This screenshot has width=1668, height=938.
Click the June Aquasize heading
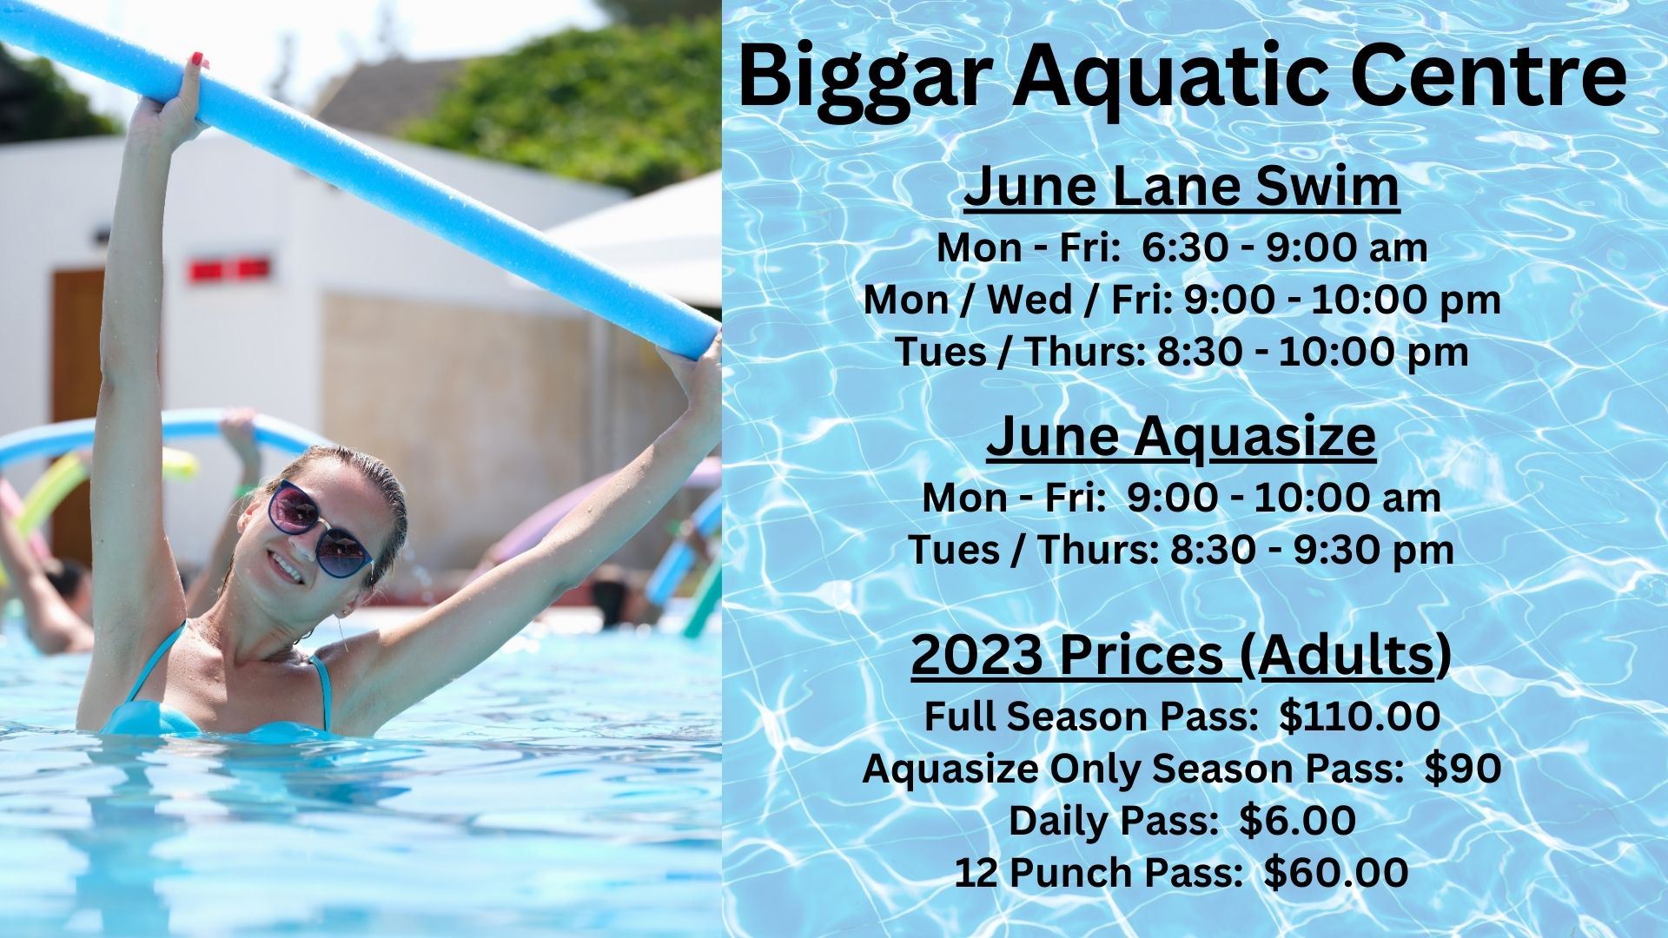point(1181,437)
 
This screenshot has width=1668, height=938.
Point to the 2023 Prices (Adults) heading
point(1181,656)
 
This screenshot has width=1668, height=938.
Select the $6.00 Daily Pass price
point(1297,821)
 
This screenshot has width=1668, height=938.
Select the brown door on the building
point(77,391)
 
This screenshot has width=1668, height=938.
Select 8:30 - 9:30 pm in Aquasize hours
point(1312,550)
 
